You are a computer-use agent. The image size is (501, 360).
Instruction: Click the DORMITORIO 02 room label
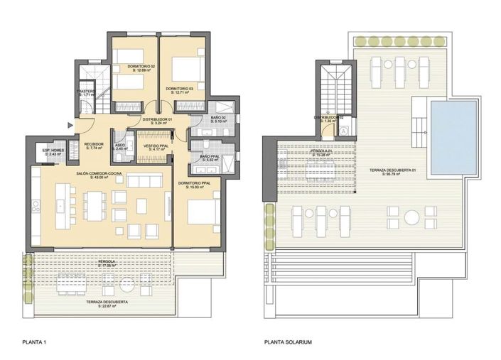[141, 66]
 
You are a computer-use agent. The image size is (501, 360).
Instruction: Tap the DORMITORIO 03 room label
[180, 89]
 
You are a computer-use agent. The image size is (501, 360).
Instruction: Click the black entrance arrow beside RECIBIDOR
[69, 126]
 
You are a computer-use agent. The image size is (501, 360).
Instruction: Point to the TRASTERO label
[86, 91]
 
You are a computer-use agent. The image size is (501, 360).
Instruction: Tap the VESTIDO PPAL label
[156, 146]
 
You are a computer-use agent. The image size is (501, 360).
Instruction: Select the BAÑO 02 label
[218, 118]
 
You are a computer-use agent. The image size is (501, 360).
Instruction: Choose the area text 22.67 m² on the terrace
[114, 307]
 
